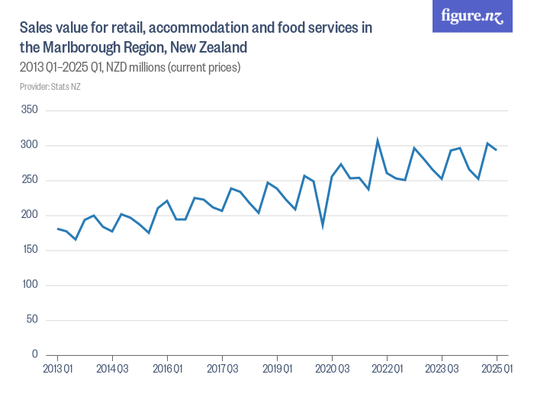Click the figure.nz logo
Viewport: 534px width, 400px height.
[x=472, y=17]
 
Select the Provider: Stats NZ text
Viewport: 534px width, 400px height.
[x=50, y=87]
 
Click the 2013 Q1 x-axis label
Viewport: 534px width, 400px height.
[x=57, y=369]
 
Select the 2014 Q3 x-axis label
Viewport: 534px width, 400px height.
[x=112, y=369]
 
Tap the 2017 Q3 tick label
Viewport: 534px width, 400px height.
[x=222, y=369]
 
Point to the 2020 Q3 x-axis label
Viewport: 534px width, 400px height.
[x=332, y=369]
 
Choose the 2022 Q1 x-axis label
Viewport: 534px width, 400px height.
[x=387, y=369]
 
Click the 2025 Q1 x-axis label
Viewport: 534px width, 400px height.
[x=497, y=369]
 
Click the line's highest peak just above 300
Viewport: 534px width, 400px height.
[x=378, y=141]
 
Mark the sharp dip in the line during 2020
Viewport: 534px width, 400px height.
[x=323, y=226]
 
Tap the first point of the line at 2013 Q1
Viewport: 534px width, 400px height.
[x=57, y=229]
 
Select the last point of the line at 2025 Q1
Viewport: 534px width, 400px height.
[x=497, y=149]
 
